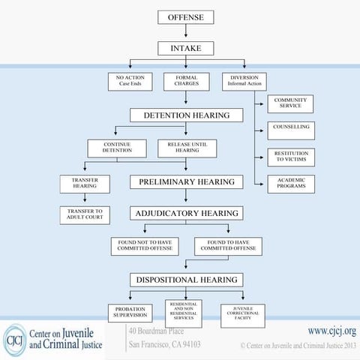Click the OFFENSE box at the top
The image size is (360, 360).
[186, 17]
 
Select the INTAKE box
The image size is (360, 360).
[186, 48]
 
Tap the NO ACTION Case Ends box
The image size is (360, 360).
[130, 80]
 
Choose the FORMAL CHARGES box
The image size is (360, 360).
[186, 80]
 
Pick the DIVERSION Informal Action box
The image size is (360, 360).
[243, 80]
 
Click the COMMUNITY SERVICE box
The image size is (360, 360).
[290, 104]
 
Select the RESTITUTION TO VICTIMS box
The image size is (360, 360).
[290, 157]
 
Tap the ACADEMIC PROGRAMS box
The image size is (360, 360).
[290, 184]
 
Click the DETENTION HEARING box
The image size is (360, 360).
[186, 115]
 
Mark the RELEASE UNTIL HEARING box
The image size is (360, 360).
[186, 148]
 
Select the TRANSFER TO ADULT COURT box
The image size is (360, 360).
[85, 215]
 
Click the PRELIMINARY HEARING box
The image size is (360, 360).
[186, 181]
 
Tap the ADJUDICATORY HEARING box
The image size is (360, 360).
[186, 213]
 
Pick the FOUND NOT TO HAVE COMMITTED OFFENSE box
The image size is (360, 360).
[144, 246]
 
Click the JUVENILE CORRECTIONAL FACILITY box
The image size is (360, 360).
[242, 313]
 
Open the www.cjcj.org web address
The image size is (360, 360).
[331, 330]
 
